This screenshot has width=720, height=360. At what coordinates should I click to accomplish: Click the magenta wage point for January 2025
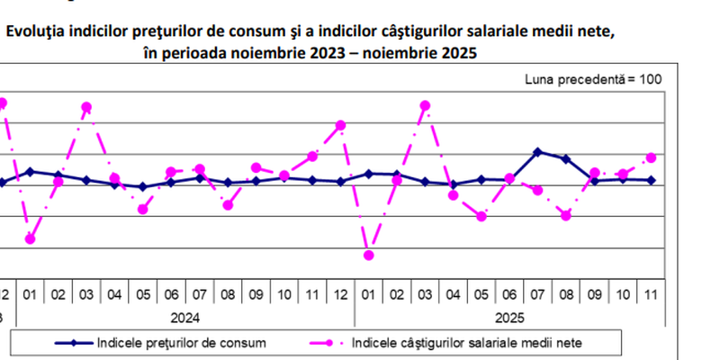coord(368,256)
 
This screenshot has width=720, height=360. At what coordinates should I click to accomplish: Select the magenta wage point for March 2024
coord(86,107)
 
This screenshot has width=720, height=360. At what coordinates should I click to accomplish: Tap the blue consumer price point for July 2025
coord(537,152)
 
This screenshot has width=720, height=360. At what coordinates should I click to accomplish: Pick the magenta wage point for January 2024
coord(31,238)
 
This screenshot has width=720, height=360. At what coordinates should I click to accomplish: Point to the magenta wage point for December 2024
coord(340,125)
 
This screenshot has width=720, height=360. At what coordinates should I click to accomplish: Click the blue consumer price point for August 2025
coord(565,159)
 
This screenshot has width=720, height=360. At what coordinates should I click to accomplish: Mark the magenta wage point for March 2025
coord(425,105)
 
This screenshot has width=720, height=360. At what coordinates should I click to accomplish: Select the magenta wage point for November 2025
coord(651,157)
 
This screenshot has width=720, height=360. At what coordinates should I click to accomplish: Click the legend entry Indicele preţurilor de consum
coord(180,342)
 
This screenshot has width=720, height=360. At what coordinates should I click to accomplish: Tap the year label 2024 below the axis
coord(184,317)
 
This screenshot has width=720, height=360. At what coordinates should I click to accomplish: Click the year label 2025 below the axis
coord(508,317)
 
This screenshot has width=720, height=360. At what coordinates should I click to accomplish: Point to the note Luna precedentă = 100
coord(593,79)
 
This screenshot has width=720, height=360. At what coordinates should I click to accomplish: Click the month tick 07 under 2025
coord(537,294)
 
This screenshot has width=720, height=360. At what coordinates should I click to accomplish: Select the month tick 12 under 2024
coord(340,294)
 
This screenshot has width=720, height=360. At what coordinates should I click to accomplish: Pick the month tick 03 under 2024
coord(86,294)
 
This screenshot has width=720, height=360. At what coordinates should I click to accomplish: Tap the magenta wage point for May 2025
coord(481,216)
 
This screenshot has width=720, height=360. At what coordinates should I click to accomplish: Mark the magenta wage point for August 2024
coord(228,205)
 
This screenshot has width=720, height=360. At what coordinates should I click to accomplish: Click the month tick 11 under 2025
coord(651,294)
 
